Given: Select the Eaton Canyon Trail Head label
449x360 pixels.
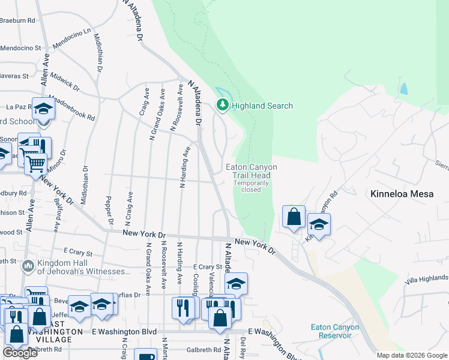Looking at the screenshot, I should (251, 171).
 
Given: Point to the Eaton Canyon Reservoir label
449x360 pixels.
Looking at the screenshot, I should (335, 331).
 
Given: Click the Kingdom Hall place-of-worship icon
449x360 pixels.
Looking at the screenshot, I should (28, 265).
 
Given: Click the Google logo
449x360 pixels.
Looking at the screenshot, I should (20, 353).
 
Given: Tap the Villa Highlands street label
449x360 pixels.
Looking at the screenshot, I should (426, 279).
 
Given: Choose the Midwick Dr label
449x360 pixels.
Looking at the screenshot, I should (65, 81).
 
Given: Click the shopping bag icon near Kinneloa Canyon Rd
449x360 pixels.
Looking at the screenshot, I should (294, 217).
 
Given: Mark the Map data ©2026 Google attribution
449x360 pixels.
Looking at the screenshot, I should (412, 355).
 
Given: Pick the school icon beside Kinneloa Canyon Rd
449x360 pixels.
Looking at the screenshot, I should (319, 225).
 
